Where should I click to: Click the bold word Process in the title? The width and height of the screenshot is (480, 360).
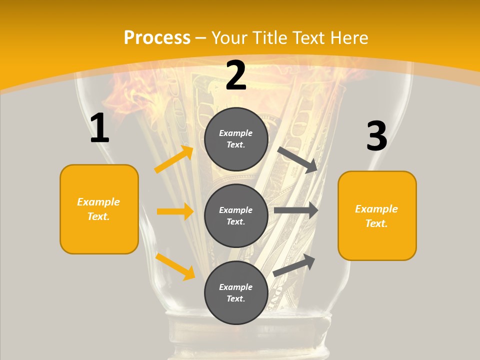coord(157,38)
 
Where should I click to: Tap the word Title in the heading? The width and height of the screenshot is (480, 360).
coord(269,38)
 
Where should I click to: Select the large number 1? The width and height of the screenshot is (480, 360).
coord(99,128)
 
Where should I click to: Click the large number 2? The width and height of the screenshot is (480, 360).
coord(236,75)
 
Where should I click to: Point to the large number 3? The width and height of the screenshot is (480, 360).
coord(376,136)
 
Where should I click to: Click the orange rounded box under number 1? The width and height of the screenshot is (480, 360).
coord(99,209)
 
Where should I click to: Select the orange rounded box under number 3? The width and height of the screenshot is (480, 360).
coord(377,215)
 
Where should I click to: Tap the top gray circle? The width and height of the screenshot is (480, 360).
coord(236,139)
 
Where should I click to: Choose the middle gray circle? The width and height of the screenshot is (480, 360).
coord(236,215)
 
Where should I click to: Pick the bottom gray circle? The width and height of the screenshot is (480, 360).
coord(236,292)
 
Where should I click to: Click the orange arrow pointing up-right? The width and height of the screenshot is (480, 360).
coord(173,159)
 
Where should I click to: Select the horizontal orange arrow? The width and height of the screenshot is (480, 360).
coord(175,211)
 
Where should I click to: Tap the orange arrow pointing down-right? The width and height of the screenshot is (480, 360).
coord(175,266)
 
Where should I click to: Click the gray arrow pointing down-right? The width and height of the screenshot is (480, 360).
coord(297,160)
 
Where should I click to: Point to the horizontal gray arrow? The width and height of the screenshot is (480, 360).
coord(296,210)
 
